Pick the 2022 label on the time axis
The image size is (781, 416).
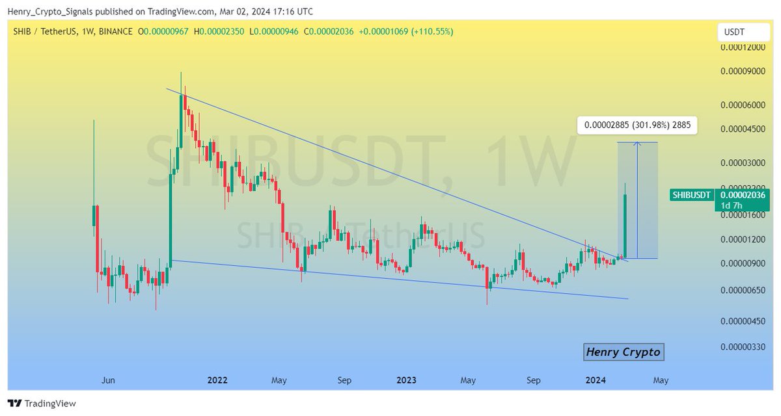217,380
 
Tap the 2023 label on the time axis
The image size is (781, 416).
407,380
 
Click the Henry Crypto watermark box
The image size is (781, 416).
623,352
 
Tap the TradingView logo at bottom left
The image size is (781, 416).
42,404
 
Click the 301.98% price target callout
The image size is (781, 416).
637,124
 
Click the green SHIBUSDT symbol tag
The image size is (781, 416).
691,194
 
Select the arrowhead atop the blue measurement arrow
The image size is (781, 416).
637,144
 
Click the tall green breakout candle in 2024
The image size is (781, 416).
625,224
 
